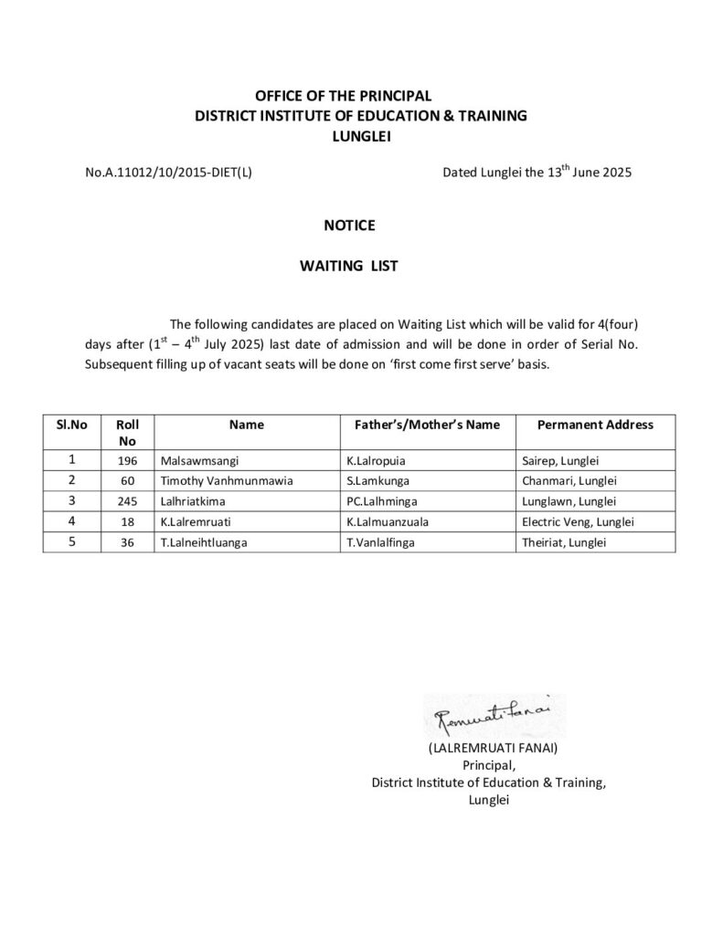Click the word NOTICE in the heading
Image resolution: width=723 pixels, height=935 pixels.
point(348,225)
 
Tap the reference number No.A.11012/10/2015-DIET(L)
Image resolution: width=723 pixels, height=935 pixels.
point(168,172)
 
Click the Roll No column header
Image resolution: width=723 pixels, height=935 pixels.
point(127,432)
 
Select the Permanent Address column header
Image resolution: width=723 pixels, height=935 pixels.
point(594,425)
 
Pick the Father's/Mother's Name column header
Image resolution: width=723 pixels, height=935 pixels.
point(421,425)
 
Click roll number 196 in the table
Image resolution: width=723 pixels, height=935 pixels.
point(127,461)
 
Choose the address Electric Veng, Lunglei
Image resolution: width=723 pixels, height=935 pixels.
point(576,521)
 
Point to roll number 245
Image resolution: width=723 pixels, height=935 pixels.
point(127,501)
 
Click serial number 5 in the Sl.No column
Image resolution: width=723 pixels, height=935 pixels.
point(71,541)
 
